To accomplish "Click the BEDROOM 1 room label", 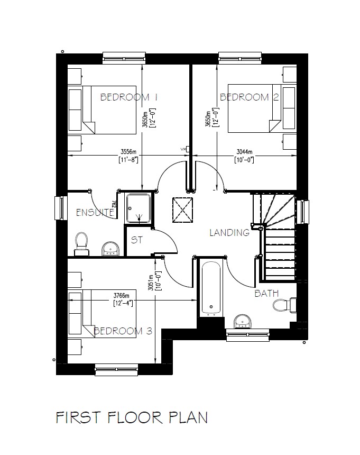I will pos(130,97).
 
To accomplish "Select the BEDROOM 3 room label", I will pos(123,331).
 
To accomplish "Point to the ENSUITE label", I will pos(95,213).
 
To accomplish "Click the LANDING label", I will pos(229,232).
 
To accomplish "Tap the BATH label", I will pos(266,293).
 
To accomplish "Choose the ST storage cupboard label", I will pos(137,240).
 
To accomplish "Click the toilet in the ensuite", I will pos(81,242).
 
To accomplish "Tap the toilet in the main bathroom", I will pos(281,305).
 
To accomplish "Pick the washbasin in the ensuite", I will pos(110,248).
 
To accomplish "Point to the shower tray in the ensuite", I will pos(139,208).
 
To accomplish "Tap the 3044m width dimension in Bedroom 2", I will pos(244,151).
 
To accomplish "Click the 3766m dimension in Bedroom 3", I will pos(122,296).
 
